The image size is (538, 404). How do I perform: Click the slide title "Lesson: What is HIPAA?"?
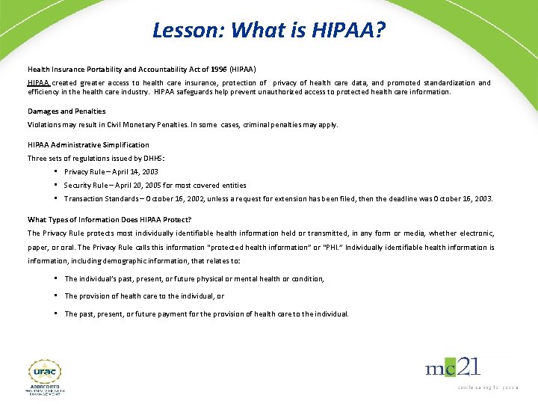(269, 30)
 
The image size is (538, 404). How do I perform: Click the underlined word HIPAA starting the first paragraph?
(38, 83)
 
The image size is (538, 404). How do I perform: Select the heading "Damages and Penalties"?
(67, 111)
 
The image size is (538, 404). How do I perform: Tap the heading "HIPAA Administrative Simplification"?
(88, 145)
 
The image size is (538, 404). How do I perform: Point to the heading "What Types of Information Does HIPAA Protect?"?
(110, 220)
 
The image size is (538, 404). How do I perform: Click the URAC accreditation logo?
(46, 376)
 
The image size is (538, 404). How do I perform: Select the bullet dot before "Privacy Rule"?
(57, 171)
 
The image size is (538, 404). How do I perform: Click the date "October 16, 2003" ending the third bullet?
(464, 199)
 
